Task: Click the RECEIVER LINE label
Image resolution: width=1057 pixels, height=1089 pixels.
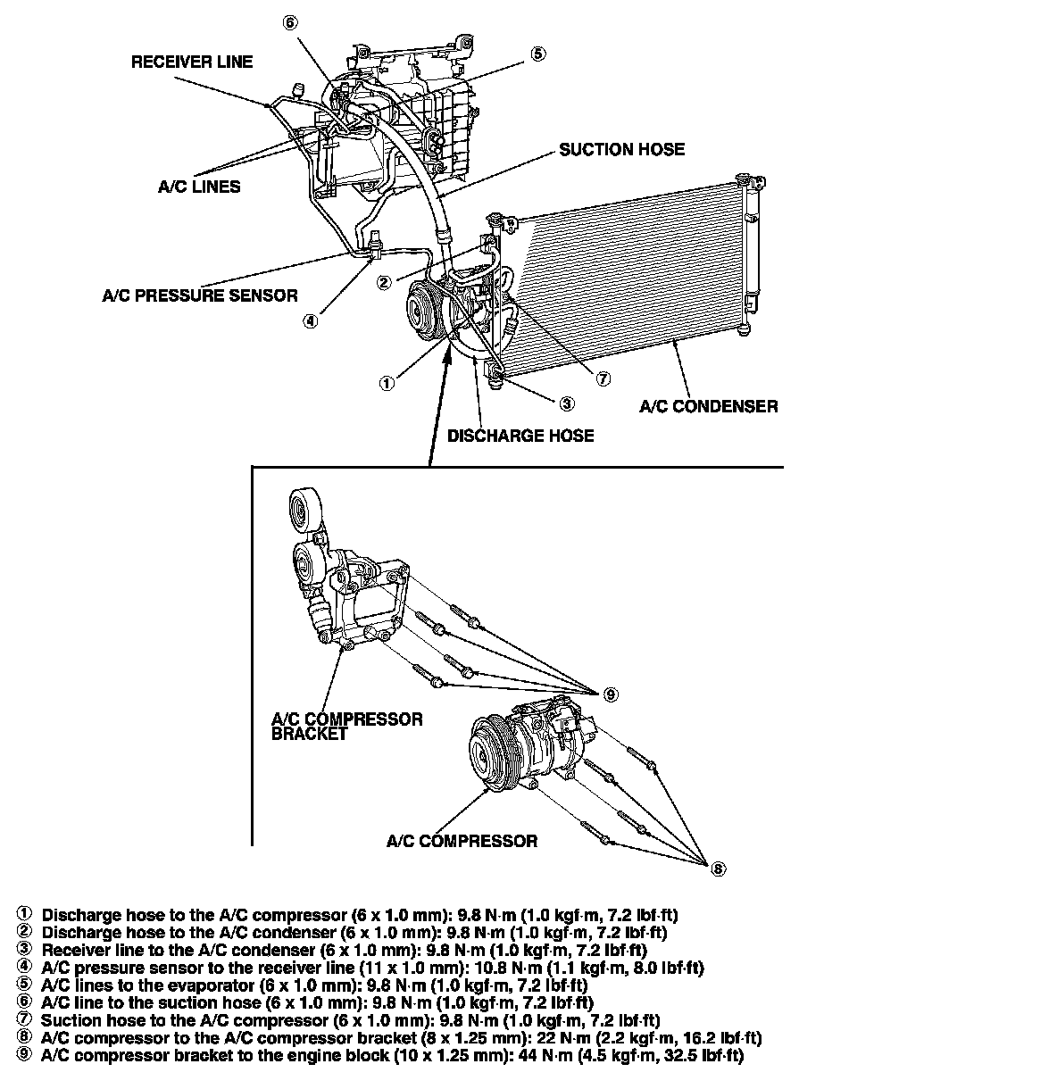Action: [x=192, y=62]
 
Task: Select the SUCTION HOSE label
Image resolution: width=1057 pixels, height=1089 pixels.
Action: [x=621, y=149]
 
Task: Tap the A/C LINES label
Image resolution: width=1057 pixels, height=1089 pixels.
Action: [x=199, y=187]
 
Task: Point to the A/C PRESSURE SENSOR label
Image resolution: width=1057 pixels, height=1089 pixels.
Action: [x=200, y=295]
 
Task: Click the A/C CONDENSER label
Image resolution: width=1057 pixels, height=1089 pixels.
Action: [x=708, y=406]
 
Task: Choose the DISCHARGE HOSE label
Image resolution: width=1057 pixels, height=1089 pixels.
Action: [x=520, y=436]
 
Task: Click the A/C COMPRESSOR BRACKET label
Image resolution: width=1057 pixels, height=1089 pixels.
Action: [x=346, y=726]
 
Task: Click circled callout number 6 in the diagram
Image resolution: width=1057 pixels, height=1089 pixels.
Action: [x=289, y=23]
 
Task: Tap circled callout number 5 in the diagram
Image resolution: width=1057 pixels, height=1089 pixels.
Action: [x=537, y=54]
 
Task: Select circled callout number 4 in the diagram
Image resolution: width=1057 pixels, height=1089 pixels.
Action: [x=309, y=322]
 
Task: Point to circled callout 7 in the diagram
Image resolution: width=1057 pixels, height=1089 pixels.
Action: [x=603, y=378]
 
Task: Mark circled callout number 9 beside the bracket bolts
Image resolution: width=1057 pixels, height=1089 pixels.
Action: [x=611, y=694]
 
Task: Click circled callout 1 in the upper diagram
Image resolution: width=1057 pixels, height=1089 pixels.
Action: [x=386, y=383]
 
